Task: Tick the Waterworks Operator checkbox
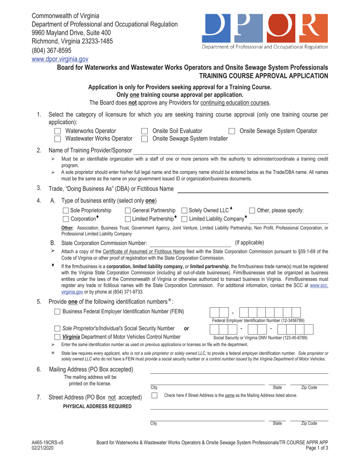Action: (58, 131)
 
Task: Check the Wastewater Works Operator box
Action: (58, 139)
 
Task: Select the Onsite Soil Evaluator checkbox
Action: (144, 131)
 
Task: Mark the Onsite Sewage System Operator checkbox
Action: (232, 131)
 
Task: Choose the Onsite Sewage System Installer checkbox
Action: (144, 139)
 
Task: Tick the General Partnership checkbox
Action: (128, 211)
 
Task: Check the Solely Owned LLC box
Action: (185, 211)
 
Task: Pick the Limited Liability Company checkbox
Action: (185, 219)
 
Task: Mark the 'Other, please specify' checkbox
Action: (252, 211)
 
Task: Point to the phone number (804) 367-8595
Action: (51, 50)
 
